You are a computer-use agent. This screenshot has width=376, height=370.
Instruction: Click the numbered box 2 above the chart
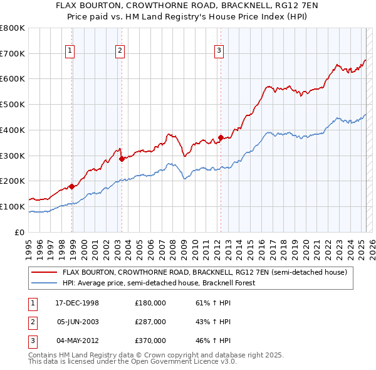pos(119,52)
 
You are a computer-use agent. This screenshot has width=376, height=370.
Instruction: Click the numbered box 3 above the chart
pos(219,52)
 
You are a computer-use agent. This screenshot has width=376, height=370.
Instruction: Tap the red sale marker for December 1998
pos(72,186)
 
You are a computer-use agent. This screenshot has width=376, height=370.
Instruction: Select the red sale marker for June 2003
pos(122,159)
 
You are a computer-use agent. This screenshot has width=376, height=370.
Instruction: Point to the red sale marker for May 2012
pos(221,138)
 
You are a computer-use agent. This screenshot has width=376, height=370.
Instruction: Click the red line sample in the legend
pos(44,273)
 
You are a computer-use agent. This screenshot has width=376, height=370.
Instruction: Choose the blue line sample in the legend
pos(44,283)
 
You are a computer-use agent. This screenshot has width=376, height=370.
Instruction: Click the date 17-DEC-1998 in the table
pos(77,303)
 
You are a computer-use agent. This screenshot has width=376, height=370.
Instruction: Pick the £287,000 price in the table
pos(150,322)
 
